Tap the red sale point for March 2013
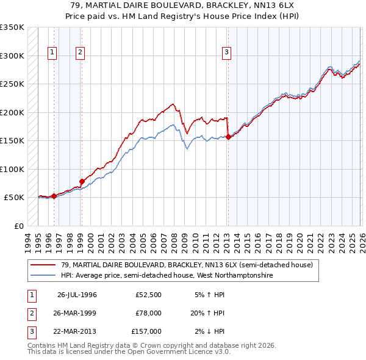tap(228, 137)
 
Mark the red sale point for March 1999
tap(82, 181)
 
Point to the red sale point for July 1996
tap(54, 196)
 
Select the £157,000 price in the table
tap(146, 331)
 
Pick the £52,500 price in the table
tap(148, 295)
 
